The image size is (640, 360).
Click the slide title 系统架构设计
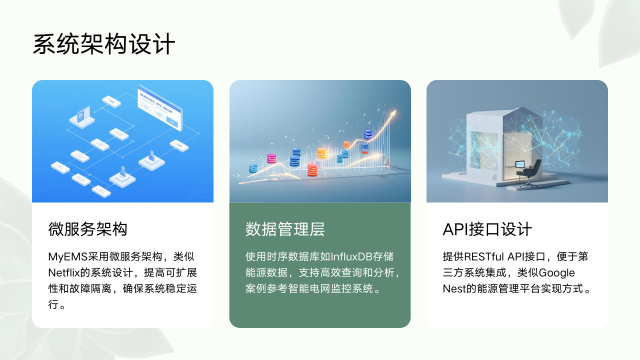104,45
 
